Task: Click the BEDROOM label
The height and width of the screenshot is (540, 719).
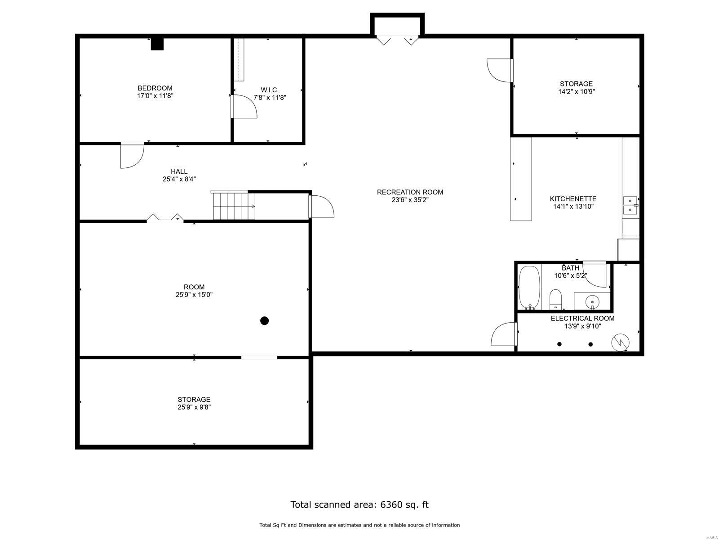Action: (155, 88)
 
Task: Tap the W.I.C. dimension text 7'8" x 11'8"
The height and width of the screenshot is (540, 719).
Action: (270, 97)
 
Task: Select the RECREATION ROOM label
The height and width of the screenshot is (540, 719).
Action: (410, 192)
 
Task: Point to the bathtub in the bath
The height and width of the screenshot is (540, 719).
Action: (529, 287)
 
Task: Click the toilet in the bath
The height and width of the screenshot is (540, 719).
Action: (556, 299)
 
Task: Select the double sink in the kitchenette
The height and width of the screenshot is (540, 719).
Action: (630, 205)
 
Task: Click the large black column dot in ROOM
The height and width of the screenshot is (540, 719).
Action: (265, 321)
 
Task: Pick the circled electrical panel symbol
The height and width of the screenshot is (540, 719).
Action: (620, 343)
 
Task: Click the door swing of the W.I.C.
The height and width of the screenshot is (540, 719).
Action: (245, 107)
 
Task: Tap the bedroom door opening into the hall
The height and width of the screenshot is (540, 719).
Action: (132, 156)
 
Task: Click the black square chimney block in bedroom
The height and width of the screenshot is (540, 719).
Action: (157, 44)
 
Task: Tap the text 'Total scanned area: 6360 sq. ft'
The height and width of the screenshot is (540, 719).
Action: (359, 504)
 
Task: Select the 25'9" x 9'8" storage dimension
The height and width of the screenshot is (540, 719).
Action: (194, 407)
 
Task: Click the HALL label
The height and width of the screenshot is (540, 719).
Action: (179, 171)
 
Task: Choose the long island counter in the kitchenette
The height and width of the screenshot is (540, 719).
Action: (521, 179)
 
